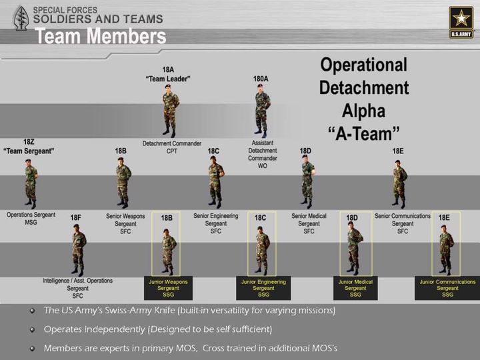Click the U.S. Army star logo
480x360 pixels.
pyautogui.click(x=461, y=22)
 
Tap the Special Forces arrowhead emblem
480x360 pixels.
pyautogui.click(x=21, y=19)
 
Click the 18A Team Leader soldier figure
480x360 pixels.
pyautogui.click(x=170, y=111)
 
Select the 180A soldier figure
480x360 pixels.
pyautogui.click(x=262, y=111)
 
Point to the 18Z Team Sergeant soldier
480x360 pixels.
pyautogui.click(x=31, y=184)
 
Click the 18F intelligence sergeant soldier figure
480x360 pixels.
pyautogui.click(x=79, y=250)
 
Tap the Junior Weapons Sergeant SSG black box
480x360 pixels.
pyautogui.click(x=169, y=288)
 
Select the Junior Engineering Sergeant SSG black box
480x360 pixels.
pyautogui.click(x=263, y=288)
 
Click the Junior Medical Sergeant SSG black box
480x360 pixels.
pyautogui.click(x=355, y=288)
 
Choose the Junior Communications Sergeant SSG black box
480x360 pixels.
pyautogui.click(x=447, y=288)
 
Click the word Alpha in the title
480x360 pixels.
pyautogui.click(x=363, y=111)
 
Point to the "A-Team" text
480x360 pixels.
pyautogui.click(x=364, y=134)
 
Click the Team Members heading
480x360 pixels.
pyautogui.click(x=101, y=36)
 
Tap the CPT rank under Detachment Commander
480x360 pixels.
pyautogui.click(x=172, y=151)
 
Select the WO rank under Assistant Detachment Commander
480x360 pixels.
pyautogui.click(x=263, y=166)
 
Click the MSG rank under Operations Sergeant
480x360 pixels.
pyautogui.click(x=31, y=222)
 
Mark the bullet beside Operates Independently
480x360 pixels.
pyautogui.click(x=32, y=329)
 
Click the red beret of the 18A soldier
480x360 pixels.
pyautogui.click(x=167, y=86)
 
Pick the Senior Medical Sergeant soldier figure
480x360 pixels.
pyautogui.click(x=308, y=182)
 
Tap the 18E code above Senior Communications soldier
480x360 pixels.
pyautogui.click(x=398, y=151)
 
